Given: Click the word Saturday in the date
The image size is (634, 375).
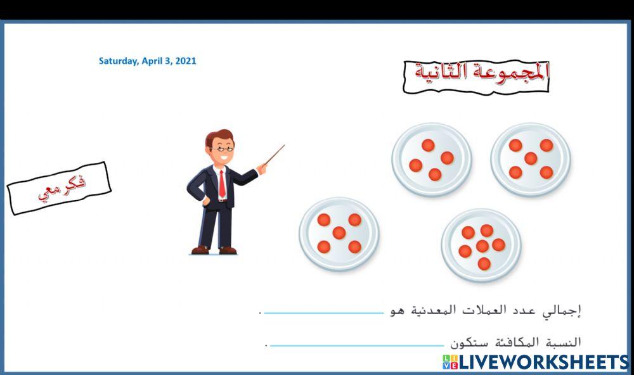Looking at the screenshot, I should [118, 61].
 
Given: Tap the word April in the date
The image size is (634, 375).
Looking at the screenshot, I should [152, 61].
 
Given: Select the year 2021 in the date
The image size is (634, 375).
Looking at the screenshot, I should [185, 61].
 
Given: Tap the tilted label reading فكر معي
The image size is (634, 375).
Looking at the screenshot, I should [59, 187].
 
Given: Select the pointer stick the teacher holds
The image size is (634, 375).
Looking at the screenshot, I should [273, 156].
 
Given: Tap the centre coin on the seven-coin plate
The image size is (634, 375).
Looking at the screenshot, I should [482, 246].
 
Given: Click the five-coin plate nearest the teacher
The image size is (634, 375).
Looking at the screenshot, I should [339, 233].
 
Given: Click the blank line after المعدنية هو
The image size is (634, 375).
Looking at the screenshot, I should [323, 312].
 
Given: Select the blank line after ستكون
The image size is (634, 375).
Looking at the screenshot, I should [356, 345].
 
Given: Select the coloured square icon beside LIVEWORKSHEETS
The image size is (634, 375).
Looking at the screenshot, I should [450, 362].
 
